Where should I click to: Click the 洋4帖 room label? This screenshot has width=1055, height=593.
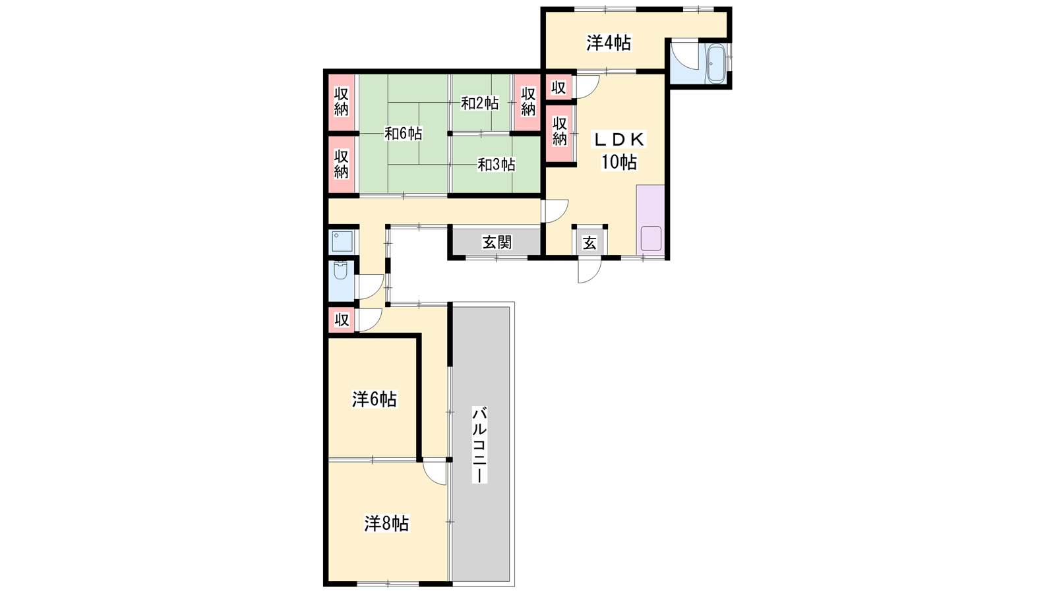pos(609,43)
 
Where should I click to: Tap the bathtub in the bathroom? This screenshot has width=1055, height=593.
pos(716,64)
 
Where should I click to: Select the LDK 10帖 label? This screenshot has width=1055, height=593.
pos(619,150)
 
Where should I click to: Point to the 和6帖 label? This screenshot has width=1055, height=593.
pos(403,134)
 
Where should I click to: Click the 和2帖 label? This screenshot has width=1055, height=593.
pos(479,103)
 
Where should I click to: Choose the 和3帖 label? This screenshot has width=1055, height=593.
pos(496,165)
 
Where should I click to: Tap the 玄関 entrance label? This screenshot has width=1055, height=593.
pos(497,242)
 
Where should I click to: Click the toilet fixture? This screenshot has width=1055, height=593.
pos(340,270)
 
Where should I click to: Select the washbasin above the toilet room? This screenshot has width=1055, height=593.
pos(342,241)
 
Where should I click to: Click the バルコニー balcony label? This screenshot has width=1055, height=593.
pos(479,445)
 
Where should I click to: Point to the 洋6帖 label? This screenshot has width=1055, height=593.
pos(375,399)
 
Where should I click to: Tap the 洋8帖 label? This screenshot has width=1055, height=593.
pos(386,523)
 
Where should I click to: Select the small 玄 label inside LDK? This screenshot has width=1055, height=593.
pos(589,243)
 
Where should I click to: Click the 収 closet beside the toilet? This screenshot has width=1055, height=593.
pos(342,320)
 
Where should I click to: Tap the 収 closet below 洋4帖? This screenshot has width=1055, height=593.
pos(558,88)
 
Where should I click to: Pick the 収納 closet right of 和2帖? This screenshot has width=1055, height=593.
pos(527,102)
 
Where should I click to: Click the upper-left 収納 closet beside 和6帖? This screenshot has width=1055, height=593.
pos(342,102)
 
